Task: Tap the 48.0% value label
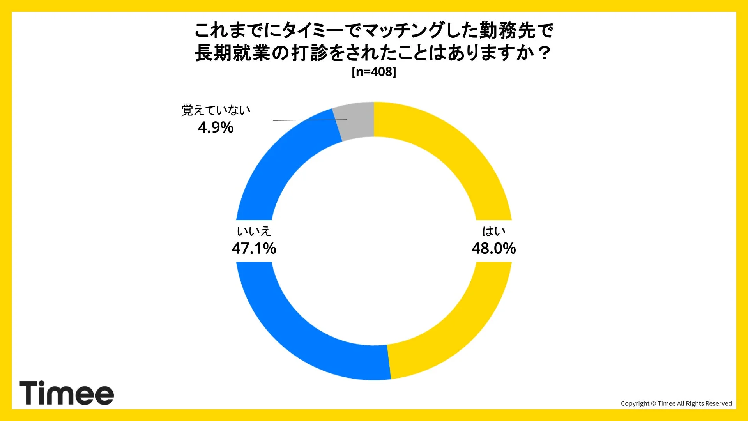493,248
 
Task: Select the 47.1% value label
254,248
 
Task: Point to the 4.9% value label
216,127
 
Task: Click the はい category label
494,231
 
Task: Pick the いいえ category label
254,231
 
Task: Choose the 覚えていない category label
216,110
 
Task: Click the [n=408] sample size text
374,72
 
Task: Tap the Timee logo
67,393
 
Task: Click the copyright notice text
676,403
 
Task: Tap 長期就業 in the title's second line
233,53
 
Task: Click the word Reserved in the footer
719,403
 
